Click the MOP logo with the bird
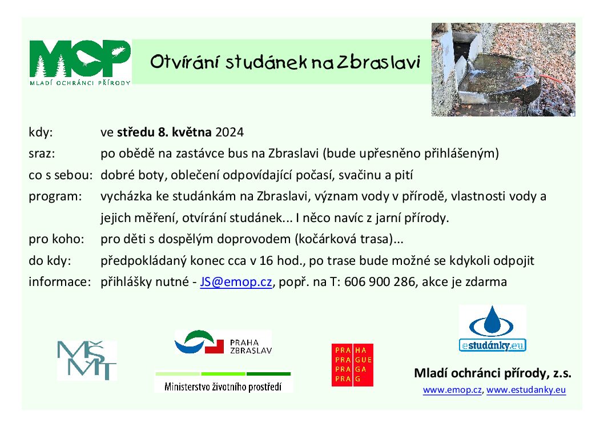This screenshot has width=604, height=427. [80, 62]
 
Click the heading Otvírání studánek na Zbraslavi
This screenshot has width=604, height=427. [285, 62]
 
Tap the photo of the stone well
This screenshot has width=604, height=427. [503, 70]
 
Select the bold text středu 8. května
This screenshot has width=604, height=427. [164, 132]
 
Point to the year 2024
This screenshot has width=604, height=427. [229, 132]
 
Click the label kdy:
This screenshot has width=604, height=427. [41, 132]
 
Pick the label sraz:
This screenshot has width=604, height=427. [42, 154]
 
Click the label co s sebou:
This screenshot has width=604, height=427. [61, 175]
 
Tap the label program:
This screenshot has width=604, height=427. [55, 197]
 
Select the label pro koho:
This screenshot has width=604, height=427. [57, 239]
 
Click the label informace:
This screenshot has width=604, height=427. [60, 282]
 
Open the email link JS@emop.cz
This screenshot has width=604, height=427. [236, 282]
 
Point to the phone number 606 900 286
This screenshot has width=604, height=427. [380, 282]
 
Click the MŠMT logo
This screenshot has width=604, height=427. [87, 360]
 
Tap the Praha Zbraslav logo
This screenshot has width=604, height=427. [223, 342]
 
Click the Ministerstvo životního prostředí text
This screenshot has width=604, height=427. [223, 386]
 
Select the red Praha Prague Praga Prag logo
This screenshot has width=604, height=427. [352, 365]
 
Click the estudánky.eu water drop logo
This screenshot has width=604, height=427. [492, 328]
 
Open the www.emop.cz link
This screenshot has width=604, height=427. [452, 390]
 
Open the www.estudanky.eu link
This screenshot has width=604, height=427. [526, 390]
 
